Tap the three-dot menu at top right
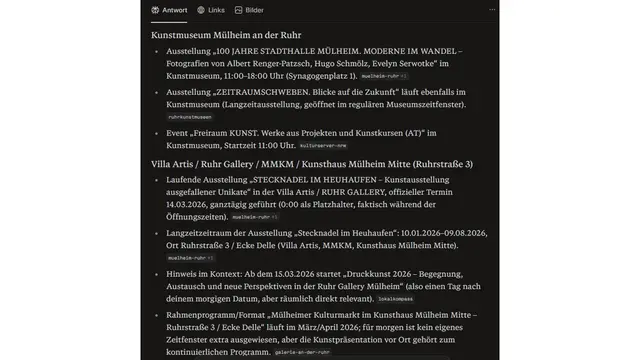[x=491, y=10]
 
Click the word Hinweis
[x=184, y=272]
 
